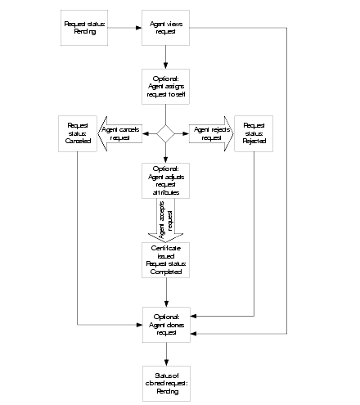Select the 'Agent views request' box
point(166,28)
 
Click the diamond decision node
point(166,133)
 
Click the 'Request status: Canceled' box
point(79,133)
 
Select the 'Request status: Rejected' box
point(254,133)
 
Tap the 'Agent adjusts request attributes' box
point(166,181)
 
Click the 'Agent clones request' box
point(166,325)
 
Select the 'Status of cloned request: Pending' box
point(166,383)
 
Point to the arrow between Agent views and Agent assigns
point(166,57)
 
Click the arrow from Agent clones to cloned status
point(166,353)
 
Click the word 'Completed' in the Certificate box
point(166,272)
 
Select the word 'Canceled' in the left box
point(79,140)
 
